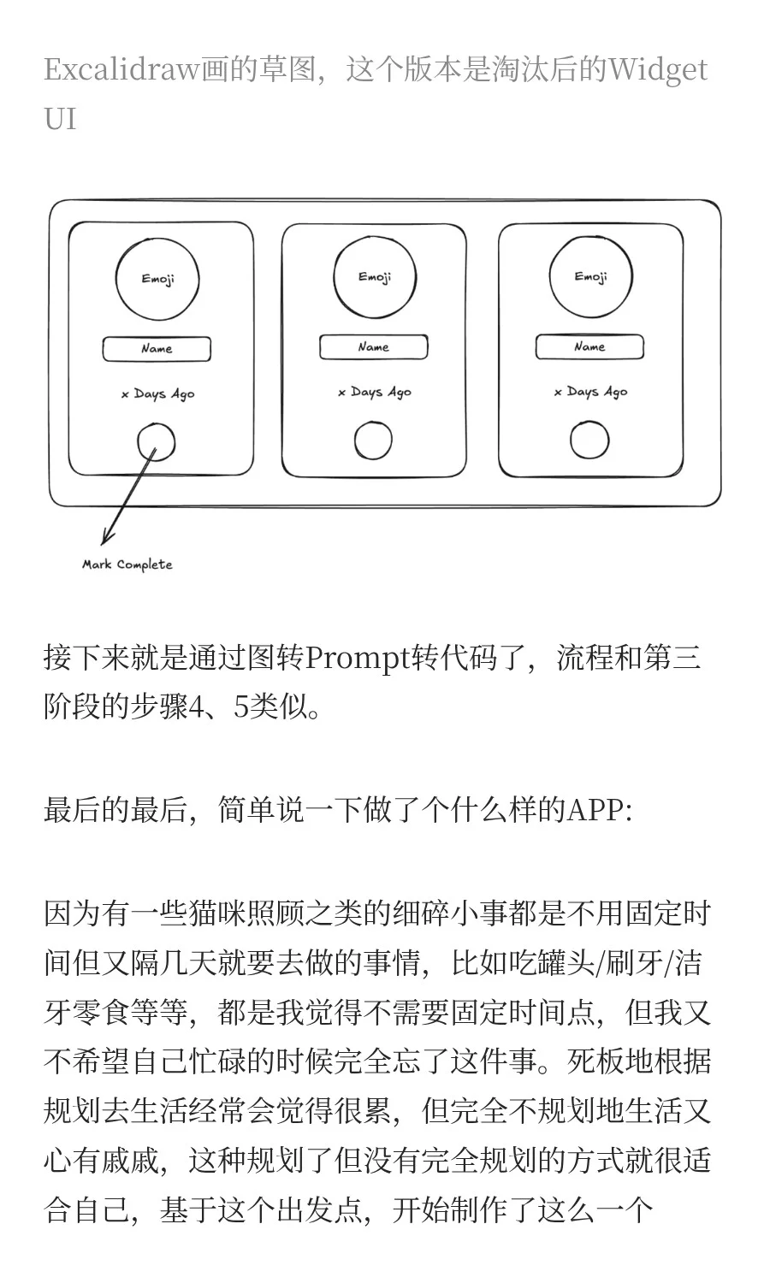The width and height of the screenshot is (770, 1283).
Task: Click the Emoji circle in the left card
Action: tap(157, 279)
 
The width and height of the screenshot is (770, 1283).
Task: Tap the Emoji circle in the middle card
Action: tap(374, 277)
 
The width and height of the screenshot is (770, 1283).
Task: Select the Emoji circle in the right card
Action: tap(590, 277)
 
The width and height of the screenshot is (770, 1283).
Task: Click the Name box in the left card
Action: tap(157, 349)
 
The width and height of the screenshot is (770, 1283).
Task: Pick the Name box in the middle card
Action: tap(373, 347)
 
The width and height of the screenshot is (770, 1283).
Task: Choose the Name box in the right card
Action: tap(589, 347)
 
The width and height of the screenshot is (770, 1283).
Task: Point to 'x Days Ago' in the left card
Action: tap(158, 394)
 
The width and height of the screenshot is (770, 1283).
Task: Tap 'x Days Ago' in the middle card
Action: tap(375, 393)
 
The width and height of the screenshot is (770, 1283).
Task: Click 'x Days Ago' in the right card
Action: tap(590, 392)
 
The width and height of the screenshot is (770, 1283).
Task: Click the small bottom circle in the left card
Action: tap(157, 443)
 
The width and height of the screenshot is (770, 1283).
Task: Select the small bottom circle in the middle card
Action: tap(373, 441)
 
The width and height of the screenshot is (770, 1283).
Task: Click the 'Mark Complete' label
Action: tap(127, 565)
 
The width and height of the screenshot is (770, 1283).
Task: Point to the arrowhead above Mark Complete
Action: tap(106, 538)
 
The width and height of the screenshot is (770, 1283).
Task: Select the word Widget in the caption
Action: tap(657, 69)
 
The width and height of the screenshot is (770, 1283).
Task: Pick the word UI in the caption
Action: tap(60, 119)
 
